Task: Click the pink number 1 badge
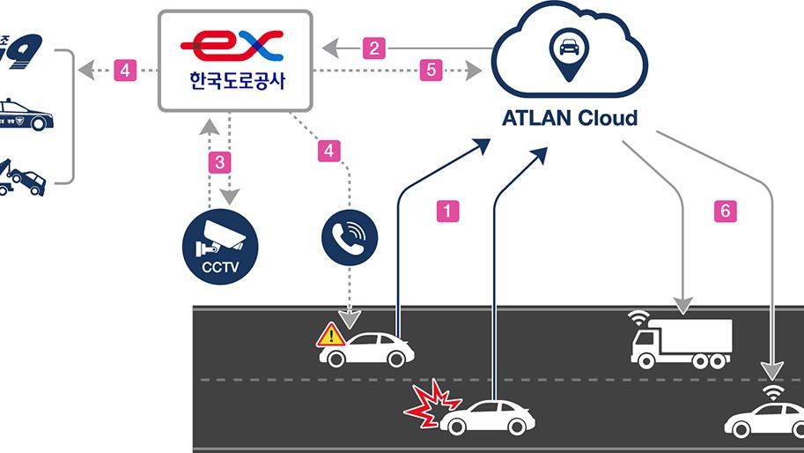(448, 212)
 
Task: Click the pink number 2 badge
(374, 48)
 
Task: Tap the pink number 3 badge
(219, 162)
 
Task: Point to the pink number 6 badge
(725, 212)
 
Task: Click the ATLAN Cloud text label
(570, 118)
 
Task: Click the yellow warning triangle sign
(331, 335)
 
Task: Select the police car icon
(27, 116)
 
